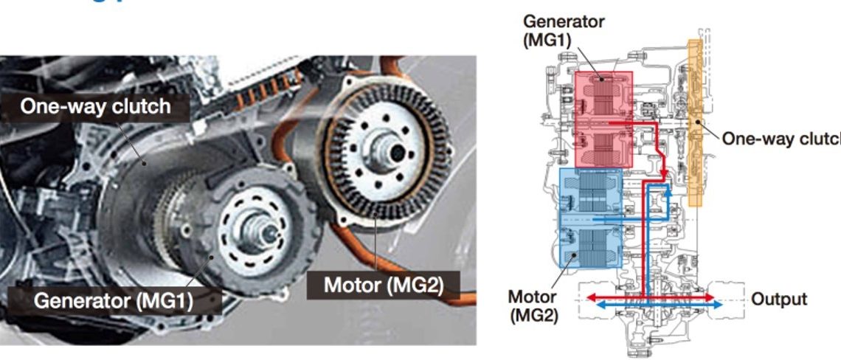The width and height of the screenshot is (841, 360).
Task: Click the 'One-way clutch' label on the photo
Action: [95, 107]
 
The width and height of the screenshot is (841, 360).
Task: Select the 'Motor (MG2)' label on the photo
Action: [383, 285]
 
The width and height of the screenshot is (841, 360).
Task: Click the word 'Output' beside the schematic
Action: [778, 300]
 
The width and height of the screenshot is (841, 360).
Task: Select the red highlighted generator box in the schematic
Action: [603, 118]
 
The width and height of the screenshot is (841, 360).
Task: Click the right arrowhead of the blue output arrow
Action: [711, 304]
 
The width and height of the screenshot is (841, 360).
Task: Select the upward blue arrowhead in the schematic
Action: [667, 190]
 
